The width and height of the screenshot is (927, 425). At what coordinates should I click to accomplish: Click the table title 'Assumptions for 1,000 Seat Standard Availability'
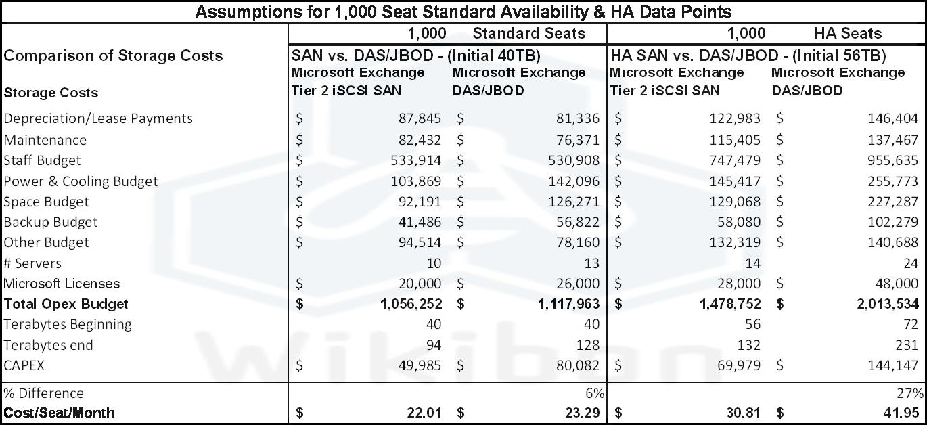(463, 12)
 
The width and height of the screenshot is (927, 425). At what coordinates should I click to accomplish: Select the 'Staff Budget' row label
(42, 160)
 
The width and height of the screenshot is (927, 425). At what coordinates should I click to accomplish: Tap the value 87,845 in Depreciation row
(420, 119)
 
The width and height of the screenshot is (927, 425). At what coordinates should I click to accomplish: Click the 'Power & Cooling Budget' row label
(81, 181)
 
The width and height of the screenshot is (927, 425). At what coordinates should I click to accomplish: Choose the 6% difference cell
(596, 393)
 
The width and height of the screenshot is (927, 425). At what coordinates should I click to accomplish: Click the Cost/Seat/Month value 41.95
(901, 413)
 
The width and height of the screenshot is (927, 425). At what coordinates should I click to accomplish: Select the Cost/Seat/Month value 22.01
(424, 413)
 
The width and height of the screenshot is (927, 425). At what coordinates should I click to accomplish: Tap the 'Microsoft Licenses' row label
(62, 284)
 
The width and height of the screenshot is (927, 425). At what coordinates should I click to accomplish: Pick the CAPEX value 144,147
(893, 365)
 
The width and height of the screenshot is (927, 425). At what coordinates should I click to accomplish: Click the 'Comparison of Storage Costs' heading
(113, 55)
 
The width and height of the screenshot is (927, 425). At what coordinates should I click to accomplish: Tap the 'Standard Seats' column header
(529, 33)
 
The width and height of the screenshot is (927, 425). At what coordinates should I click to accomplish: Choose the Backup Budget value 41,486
(420, 222)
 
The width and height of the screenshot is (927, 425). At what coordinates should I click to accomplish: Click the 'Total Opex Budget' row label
(66, 304)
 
